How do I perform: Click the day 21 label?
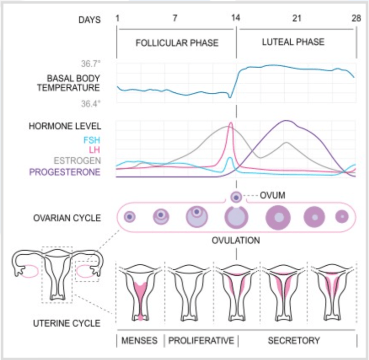tap(297, 19)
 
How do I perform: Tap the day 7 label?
tap(175, 19)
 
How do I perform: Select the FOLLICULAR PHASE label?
tap(177, 43)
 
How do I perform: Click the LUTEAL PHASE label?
tap(293, 42)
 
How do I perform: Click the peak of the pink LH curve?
tap(231, 123)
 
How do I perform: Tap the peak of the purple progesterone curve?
tap(286, 121)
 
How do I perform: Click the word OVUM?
tap(273, 196)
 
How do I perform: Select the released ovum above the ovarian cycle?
tap(235, 197)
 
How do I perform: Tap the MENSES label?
tap(139, 341)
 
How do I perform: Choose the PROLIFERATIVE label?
tap(201, 341)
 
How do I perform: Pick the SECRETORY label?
tap(294, 341)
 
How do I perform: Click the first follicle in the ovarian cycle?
tap(130, 217)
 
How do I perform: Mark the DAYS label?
tap(90, 20)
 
